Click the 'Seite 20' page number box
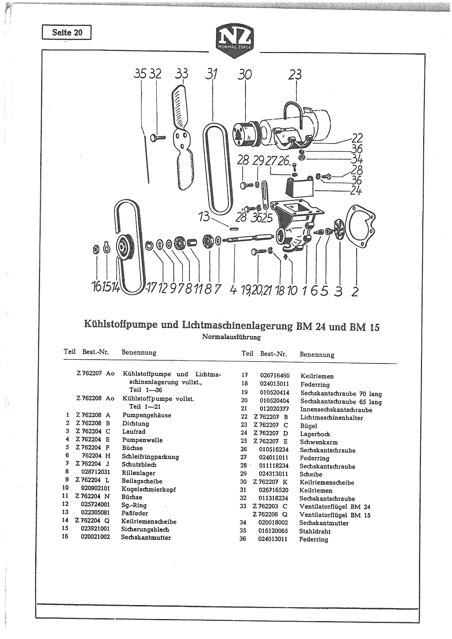[66, 32]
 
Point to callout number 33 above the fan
[182, 74]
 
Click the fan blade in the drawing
[183, 137]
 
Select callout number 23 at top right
[295, 75]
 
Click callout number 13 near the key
[204, 217]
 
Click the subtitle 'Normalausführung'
[231, 337]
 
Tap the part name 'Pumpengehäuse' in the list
[147, 415]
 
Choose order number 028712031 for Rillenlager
[95, 473]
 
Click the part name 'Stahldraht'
[315, 531]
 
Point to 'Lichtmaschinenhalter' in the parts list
[331, 417]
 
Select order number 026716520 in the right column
[273, 490]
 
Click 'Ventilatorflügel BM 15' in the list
[335, 515]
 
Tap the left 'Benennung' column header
[139, 353]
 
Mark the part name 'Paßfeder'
[135, 513]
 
